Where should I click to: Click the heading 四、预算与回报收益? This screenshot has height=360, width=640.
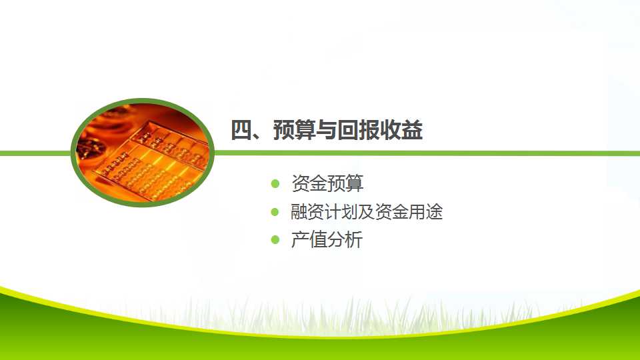(x=327, y=130)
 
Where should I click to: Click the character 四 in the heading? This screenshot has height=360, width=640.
(x=241, y=130)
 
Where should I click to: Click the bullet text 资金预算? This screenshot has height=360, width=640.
(x=327, y=183)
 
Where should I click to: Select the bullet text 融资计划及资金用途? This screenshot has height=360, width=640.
(x=367, y=212)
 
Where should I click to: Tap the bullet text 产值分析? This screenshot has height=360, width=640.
(x=327, y=239)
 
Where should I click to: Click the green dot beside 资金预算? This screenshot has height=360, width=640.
(x=275, y=184)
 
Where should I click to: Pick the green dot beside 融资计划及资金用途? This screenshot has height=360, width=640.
(x=275, y=212)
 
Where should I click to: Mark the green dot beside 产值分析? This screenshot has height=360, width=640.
(x=275, y=240)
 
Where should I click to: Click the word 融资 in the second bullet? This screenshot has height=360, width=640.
(x=308, y=212)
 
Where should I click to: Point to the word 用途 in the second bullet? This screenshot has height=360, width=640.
(x=426, y=212)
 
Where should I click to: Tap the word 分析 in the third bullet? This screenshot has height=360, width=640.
(x=345, y=239)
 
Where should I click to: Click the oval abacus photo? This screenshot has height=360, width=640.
(x=143, y=152)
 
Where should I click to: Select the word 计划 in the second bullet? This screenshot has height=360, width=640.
(x=341, y=212)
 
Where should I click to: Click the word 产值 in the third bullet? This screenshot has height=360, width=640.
(x=309, y=239)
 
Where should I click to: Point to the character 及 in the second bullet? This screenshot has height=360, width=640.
(x=367, y=212)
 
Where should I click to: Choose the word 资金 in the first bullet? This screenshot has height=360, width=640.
(x=309, y=183)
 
